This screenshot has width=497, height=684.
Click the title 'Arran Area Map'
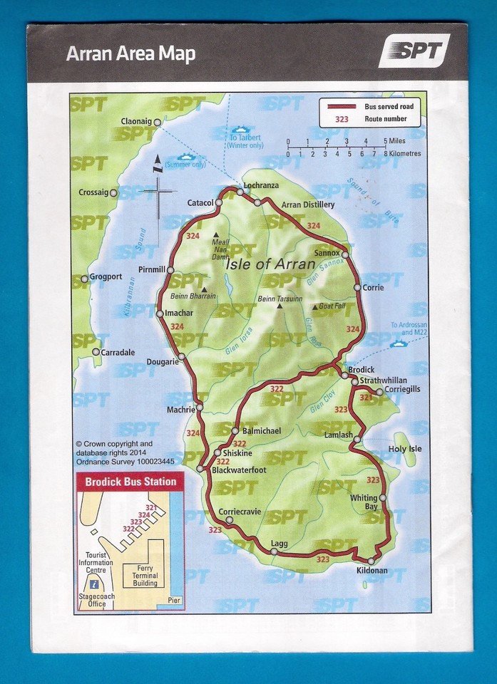130,54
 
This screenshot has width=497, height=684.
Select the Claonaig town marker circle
158,123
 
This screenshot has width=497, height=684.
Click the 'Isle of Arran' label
270,264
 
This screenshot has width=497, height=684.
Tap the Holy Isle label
405,449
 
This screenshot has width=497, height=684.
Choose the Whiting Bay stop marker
383,498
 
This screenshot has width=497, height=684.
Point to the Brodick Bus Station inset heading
130,482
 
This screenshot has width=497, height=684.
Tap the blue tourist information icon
94,585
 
